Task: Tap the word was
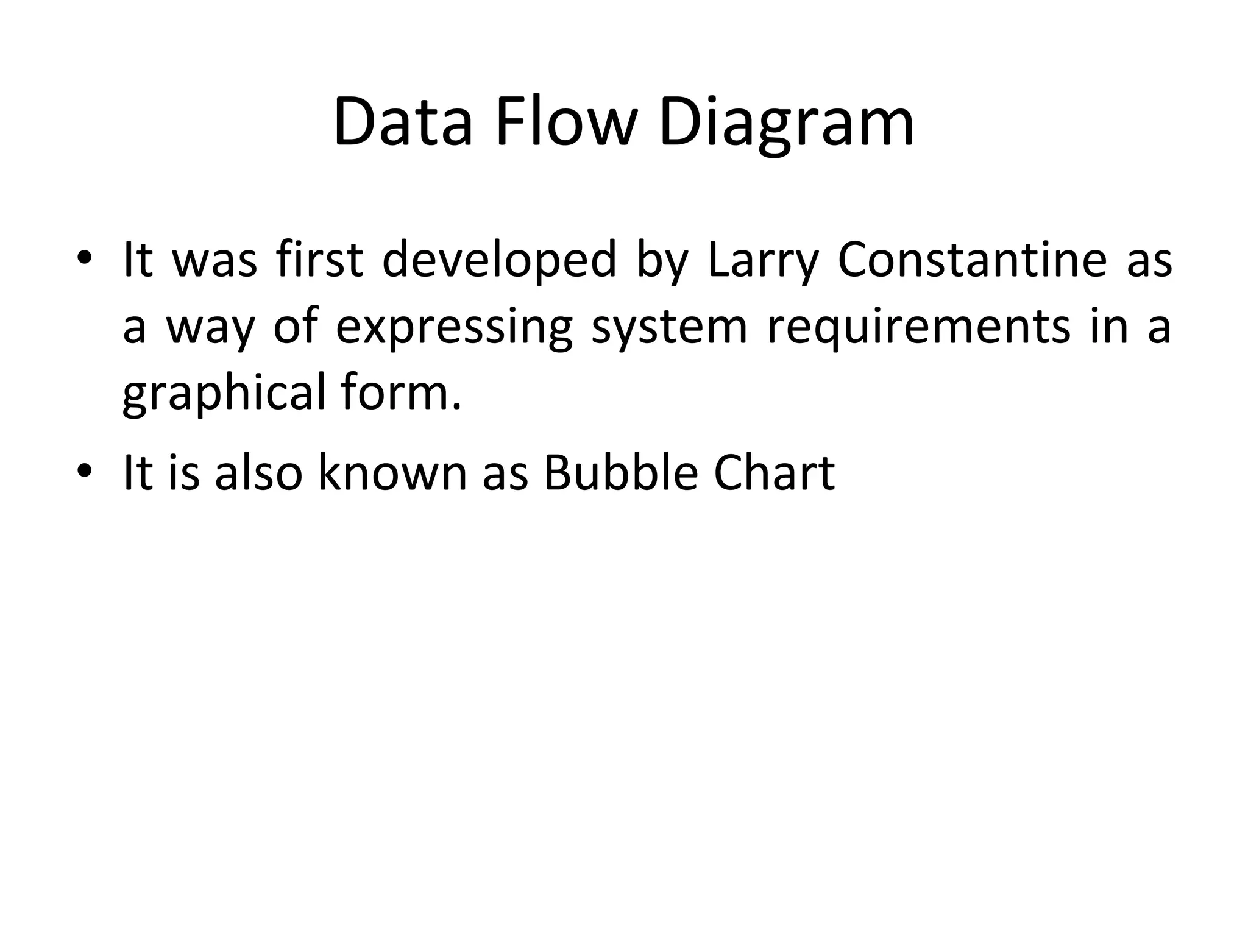point(215,261)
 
